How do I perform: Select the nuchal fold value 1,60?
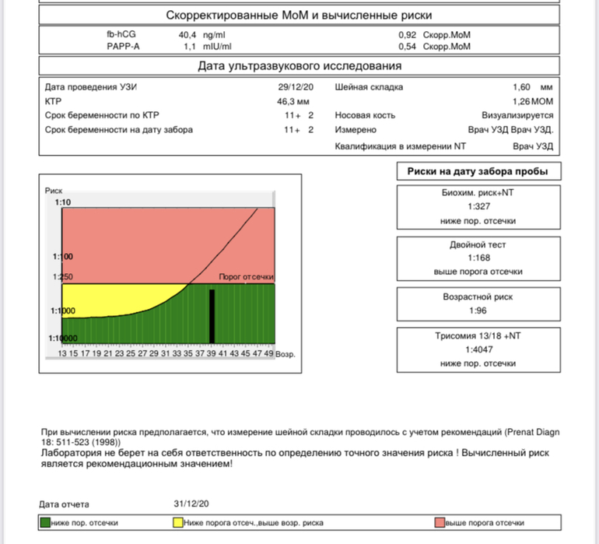pos(522,87)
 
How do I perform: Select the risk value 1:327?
pos(478,206)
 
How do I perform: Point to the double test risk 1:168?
pos(478,258)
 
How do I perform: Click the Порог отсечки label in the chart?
pos(247,277)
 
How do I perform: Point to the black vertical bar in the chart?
pos(212,314)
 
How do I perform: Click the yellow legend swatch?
pos(177,522)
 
